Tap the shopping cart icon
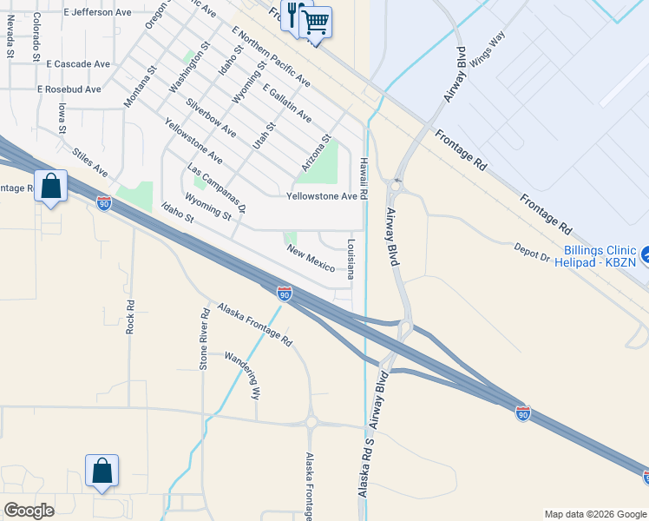316,21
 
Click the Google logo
29,511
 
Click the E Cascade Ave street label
79,64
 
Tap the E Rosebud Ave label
69,89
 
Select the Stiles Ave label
90,160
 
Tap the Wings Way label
487,49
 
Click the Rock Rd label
130,317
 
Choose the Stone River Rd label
205,339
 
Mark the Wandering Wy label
242,373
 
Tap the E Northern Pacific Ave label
271,56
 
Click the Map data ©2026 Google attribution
595,514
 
